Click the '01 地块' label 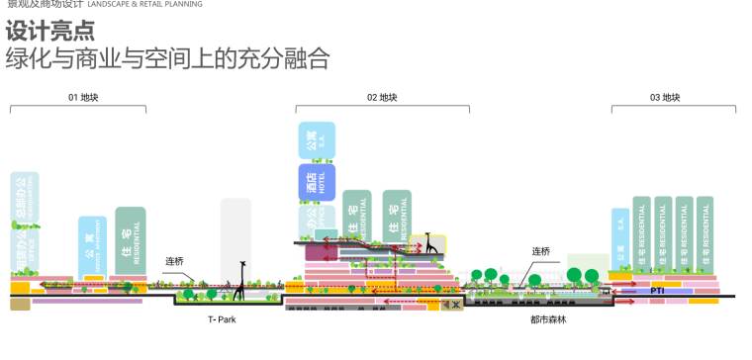click(x=83, y=98)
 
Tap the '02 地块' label click(x=382, y=98)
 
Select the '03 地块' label click(x=665, y=98)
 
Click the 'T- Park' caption click(x=222, y=319)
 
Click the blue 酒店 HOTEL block click(x=317, y=182)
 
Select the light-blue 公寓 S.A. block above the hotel click(x=317, y=140)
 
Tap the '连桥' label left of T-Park click(x=174, y=261)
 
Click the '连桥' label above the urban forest click(x=540, y=251)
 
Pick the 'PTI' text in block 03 click(x=657, y=291)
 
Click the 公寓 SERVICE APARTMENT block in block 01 click(x=92, y=243)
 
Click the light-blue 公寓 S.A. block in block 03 click(x=620, y=236)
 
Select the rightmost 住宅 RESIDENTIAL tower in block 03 click(x=705, y=235)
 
